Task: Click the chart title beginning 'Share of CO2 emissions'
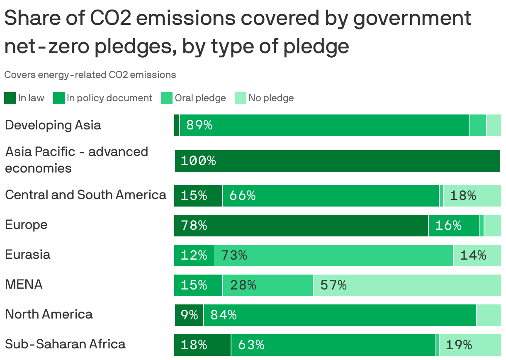238,32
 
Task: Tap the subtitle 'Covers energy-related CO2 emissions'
90,75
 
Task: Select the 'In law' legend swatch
10,98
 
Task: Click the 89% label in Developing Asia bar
199,125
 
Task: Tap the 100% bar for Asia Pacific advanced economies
337,161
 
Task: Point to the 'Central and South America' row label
85,195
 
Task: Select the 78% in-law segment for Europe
301,226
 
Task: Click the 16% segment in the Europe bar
454,226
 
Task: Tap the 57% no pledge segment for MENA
407,285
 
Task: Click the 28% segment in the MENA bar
268,285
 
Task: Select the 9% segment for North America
189,315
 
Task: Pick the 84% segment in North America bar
340,315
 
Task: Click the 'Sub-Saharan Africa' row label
65,344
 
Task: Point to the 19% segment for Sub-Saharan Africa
470,345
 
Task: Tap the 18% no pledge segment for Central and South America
472,196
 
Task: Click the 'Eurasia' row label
28,255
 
